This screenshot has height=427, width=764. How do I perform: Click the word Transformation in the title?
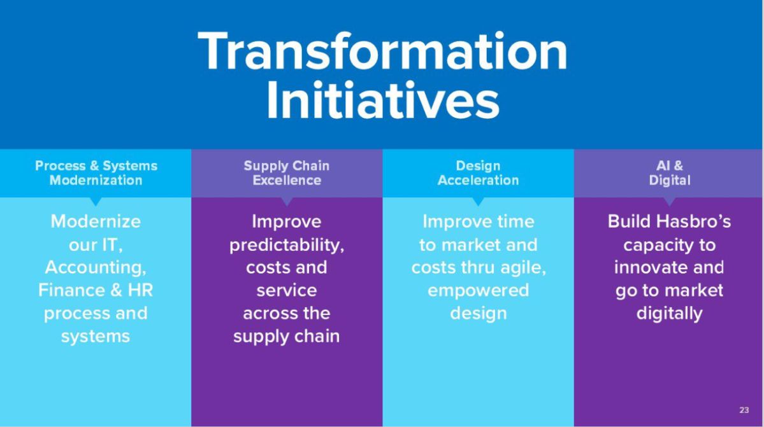click(x=382, y=51)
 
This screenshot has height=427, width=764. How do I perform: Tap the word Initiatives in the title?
click(x=383, y=101)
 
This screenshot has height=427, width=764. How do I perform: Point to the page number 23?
click(x=744, y=410)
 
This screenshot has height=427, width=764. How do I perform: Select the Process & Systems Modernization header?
click(x=96, y=173)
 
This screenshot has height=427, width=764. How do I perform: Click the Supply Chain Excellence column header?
click(x=287, y=173)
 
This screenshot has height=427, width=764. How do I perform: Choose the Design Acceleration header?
click(x=478, y=173)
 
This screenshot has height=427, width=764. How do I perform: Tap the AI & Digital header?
click(x=670, y=173)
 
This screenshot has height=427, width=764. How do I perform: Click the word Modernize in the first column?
click(x=96, y=221)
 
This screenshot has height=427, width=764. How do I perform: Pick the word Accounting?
click(x=96, y=267)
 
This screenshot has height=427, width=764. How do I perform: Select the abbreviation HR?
click(x=140, y=290)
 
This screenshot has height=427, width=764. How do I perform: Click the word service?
click(x=287, y=291)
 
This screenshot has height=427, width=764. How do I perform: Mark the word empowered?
click(x=478, y=291)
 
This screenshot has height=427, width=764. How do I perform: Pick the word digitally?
click(x=670, y=314)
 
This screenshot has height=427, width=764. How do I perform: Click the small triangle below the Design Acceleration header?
click(x=478, y=201)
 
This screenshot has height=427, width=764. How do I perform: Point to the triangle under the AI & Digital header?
click(x=670, y=201)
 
